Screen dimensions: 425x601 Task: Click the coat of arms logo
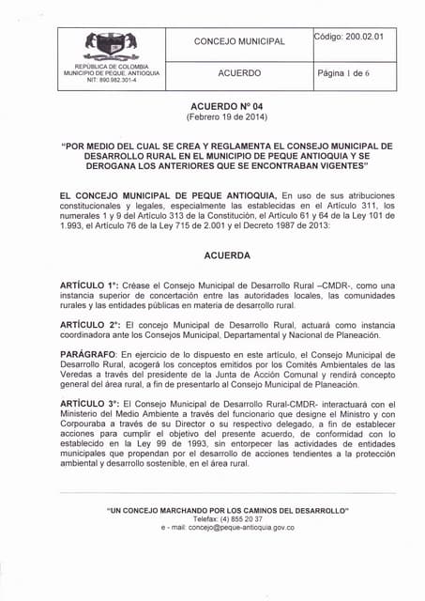click(x=112, y=44)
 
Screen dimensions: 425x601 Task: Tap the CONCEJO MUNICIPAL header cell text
click(x=239, y=41)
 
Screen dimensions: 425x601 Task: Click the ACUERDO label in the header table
click(x=239, y=72)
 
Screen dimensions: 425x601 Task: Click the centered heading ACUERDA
click(x=226, y=254)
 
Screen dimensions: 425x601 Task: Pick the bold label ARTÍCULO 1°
click(x=90, y=285)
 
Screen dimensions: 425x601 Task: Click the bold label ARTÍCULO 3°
click(x=90, y=404)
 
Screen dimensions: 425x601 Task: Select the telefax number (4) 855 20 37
click(x=228, y=518)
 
